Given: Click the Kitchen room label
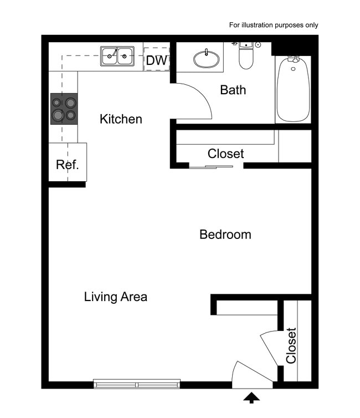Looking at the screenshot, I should point(121,119).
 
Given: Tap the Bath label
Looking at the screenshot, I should point(233,90).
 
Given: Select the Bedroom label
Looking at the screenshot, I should point(225,235).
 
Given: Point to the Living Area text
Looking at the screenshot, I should point(116,297).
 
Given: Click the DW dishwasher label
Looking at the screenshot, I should point(156,60).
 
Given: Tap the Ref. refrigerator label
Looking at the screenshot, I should point(68,165).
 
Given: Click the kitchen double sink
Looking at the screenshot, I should point(117,56).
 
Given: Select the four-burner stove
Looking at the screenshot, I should point(64,109).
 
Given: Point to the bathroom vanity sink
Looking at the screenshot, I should point(206,58).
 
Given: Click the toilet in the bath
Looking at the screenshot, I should point(246,56).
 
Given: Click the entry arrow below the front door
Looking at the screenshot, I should point(252,397).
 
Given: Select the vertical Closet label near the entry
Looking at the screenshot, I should point(291,345).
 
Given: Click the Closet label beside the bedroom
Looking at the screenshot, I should point(225,154).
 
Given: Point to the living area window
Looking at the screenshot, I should point(137,383).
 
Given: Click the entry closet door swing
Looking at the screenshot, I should point(270,346).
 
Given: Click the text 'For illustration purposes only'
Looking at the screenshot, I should point(274,25).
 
